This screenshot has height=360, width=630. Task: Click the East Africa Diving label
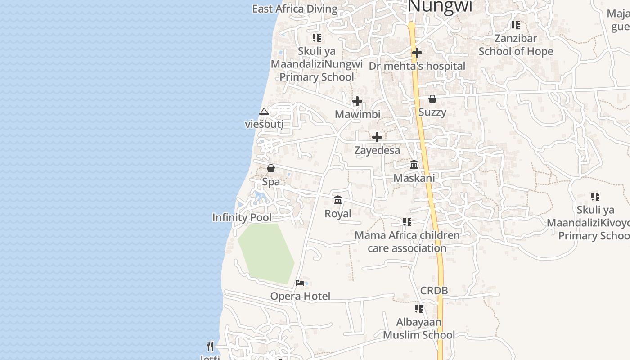tap(294, 9)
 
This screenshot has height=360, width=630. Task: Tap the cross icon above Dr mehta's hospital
tap(417, 53)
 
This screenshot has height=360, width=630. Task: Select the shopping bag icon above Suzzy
tap(432, 99)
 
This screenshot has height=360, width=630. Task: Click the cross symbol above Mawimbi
tap(357, 101)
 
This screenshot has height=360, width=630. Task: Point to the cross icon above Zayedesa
tap(377, 137)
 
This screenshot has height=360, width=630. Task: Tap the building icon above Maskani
tap(414, 165)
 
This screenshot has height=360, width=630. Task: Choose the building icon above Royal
tap(338, 200)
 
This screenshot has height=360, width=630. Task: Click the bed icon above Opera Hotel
tap(300, 283)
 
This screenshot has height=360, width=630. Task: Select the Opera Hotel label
tap(300, 296)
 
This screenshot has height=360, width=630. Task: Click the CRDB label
tap(434, 291)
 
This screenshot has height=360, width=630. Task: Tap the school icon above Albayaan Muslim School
tap(419, 309)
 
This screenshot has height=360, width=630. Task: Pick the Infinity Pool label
tap(242, 218)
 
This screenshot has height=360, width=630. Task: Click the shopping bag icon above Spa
tap(271, 169)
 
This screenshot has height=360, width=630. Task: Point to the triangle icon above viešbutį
tap(264, 111)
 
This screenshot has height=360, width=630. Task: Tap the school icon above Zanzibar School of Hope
tap(516, 25)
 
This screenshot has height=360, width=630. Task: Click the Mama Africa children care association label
tap(407, 242)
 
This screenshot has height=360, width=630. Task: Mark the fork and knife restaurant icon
tap(210, 346)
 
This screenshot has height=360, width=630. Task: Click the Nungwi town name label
tap(440, 6)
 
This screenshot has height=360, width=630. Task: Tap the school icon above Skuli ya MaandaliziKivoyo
tap(595, 197)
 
